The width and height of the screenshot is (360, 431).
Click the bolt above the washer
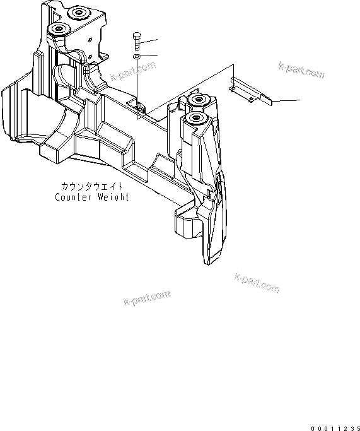coord(137,41)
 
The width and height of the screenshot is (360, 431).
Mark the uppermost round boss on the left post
coord(78,13)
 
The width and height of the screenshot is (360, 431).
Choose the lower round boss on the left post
coord(61,30)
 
